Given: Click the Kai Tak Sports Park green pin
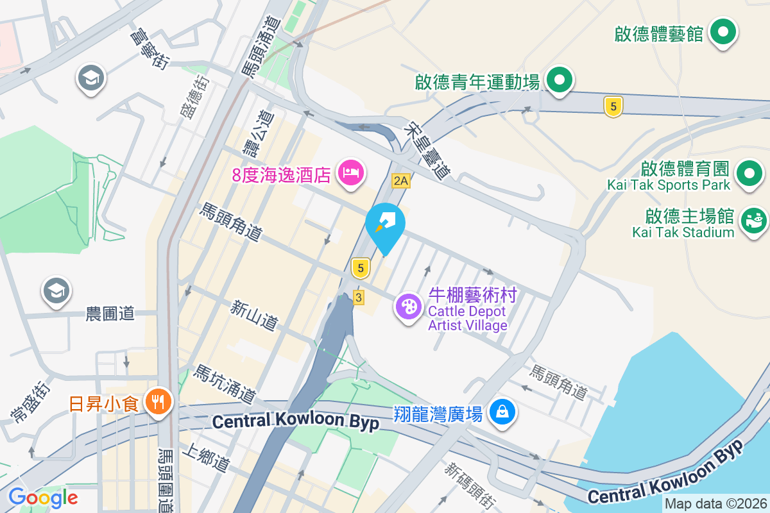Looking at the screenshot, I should tap(749, 173).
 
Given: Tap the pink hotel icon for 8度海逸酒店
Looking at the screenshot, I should tap(350, 172).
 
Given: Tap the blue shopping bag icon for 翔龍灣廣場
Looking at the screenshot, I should tap(502, 412).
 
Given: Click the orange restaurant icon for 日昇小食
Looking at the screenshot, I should tap(157, 403).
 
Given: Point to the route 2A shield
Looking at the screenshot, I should tap(401, 181).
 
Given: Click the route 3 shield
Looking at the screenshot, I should tap(358, 298).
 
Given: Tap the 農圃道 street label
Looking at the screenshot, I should tap(110, 314).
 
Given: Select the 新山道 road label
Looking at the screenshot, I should tap(255, 315).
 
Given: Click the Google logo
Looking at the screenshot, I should tap(43, 497).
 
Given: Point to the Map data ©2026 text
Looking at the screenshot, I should tap(715, 504).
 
